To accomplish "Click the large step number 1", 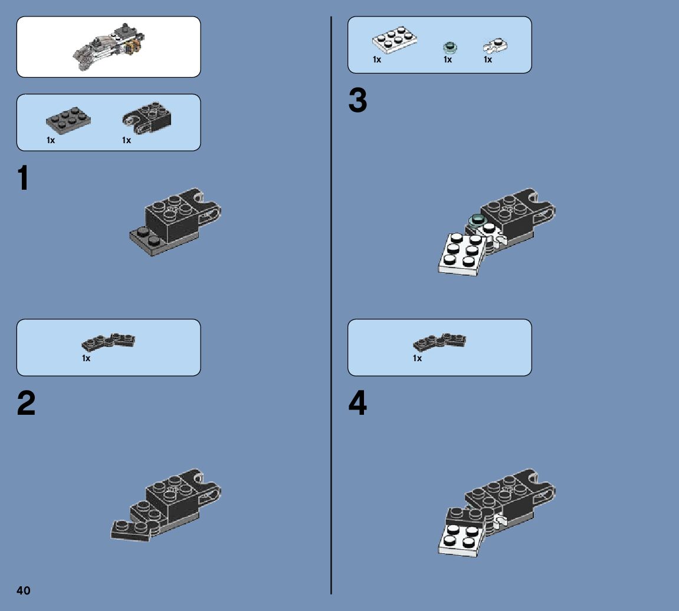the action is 24,178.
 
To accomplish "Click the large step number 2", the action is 26,402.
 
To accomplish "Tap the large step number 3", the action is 357,100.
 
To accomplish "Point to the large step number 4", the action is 357,402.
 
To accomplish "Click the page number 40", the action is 24,590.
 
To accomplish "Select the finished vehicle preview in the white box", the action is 109,47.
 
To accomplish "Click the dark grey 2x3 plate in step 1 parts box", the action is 68,120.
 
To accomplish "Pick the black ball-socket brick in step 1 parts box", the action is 147,118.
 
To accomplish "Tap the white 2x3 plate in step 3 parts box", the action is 395,39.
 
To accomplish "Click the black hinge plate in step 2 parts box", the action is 109,342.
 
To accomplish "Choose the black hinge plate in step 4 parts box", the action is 439,342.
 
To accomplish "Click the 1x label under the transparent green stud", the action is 448,60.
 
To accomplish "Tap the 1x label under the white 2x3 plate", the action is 377,60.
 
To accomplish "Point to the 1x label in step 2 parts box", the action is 86,358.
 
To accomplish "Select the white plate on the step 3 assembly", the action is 462,255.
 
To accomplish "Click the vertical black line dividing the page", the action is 332,305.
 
